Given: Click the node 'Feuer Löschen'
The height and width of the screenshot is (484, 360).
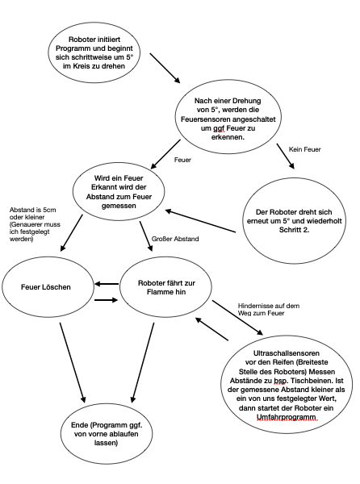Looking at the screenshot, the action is pyautogui.click(x=48, y=286).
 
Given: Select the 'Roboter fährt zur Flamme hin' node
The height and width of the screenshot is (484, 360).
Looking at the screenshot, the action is pyautogui.click(x=165, y=287).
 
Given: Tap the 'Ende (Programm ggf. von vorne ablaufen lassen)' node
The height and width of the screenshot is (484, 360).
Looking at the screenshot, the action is pyautogui.click(x=107, y=434).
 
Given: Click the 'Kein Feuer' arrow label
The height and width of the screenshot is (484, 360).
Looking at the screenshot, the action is pyautogui.click(x=305, y=149).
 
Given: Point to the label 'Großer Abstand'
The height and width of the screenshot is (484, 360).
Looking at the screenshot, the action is pyautogui.click(x=175, y=239).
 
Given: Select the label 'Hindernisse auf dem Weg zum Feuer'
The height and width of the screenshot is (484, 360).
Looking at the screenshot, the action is pyautogui.click(x=269, y=309).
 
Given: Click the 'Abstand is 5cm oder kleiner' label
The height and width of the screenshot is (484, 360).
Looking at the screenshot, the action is pyautogui.click(x=33, y=213).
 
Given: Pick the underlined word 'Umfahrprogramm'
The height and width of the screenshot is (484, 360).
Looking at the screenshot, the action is pyautogui.click(x=287, y=417).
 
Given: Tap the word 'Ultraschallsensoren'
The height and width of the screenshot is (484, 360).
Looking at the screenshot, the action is pyautogui.click(x=287, y=353).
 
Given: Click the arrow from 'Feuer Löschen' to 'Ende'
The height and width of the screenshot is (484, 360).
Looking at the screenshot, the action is pyautogui.click(x=72, y=363).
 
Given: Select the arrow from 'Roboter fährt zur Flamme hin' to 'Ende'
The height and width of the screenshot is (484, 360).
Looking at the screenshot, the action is pyautogui.click(x=143, y=363).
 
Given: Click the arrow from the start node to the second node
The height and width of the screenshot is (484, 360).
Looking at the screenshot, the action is pyautogui.click(x=165, y=69).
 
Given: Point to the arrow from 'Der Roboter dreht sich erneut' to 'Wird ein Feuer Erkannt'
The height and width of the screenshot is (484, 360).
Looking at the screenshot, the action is pyautogui.click(x=200, y=221).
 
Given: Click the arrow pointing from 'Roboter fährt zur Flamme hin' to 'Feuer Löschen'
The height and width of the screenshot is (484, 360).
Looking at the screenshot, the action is pyautogui.click(x=107, y=284).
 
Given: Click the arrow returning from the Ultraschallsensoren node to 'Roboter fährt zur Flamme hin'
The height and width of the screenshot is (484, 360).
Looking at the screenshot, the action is pyautogui.click(x=211, y=329).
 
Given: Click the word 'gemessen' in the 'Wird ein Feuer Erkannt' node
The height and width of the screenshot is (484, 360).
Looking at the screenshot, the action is pyautogui.click(x=119, y=206).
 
